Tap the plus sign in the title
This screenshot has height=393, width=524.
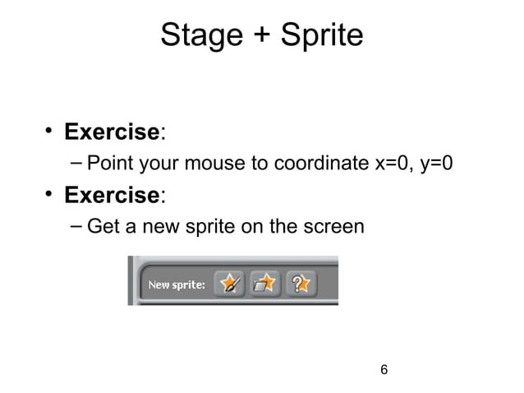coord(258,36)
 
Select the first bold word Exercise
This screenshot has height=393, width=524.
coord(112,132)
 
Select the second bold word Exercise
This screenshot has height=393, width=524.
coord(112,195)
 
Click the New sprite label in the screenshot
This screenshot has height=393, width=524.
coord(176,285)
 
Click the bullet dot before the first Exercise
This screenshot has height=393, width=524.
coord(49,131)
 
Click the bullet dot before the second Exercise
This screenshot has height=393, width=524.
coord(49,194)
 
